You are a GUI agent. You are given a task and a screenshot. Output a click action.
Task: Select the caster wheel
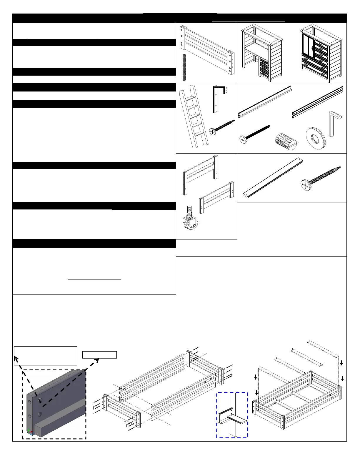pyautogui.click(x=190, y=218)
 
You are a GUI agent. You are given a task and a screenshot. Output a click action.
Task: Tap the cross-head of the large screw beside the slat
pyautogui.click(x=306, y=186)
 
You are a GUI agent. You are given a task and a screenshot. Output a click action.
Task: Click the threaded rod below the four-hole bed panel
pyautogui.click(x=184, y=67)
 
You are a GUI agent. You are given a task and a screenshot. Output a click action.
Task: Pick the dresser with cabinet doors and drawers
pyautogui.click(x=321, y=53)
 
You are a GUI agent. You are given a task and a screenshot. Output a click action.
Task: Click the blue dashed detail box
pyautogui.click(x=232, y=415)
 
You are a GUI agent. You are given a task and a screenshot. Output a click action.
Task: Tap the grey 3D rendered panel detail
pyautogui.click(x=54, y=405)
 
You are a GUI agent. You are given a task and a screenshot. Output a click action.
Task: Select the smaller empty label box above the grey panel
pyautogui.click(x=99, y=355)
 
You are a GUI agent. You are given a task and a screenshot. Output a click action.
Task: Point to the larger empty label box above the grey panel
pyautogui.click(x=46, y=356)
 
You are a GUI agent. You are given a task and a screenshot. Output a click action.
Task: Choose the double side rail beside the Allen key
pyautogui.click(x=318, y=102)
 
